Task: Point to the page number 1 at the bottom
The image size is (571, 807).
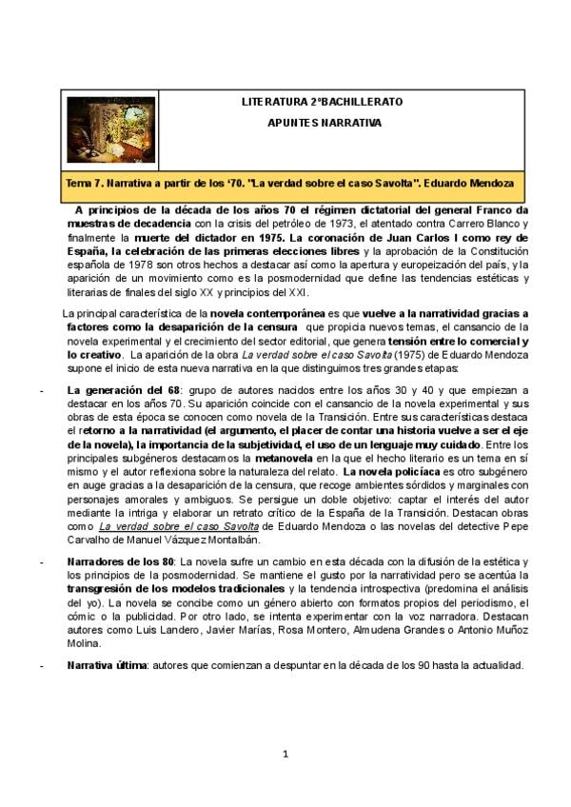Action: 285,757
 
